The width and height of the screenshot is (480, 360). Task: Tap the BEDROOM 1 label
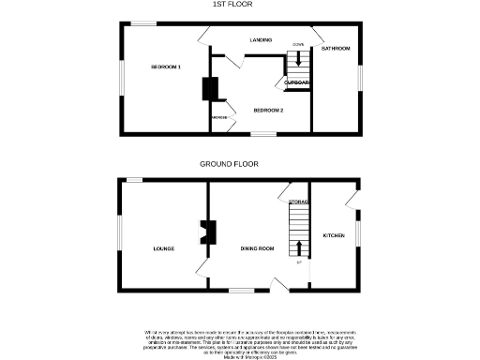tap(166, 67)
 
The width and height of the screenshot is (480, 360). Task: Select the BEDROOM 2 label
tap(268, 110)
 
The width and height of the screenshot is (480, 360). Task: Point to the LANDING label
tap(262, 41)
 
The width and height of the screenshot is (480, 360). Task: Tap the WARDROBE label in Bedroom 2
tap(219, 117)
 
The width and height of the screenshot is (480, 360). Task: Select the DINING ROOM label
tap(257, 248)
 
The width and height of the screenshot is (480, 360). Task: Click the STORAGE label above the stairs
tap(299, 202)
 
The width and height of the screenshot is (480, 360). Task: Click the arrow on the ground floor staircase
tap(299, 247)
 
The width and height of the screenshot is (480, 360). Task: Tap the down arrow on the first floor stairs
tap(299, 57)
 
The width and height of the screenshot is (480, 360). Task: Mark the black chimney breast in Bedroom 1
tap(209, 89)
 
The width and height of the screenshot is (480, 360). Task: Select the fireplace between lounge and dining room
tap(208, 232)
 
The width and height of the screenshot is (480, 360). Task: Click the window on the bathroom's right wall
tap(358, 77)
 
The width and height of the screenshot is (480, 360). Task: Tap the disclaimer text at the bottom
tap(240, 343)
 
